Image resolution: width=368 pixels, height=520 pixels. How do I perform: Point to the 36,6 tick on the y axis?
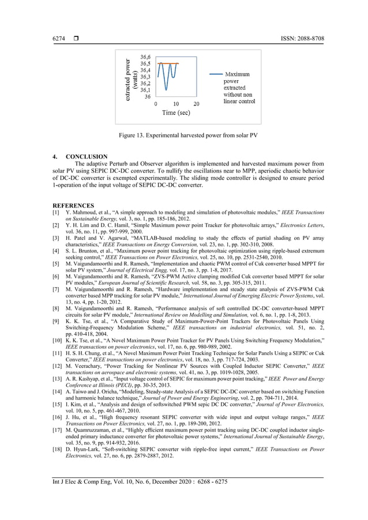[145, 57]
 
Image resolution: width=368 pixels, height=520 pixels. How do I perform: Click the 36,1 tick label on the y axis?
[145, 90]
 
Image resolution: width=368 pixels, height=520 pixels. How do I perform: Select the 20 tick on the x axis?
[196, 104]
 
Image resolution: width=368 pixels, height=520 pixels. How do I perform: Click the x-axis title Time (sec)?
[176, 113]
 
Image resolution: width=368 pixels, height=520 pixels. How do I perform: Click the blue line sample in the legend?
[216, 74]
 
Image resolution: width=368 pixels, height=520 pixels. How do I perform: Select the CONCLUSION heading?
[87, 156]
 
